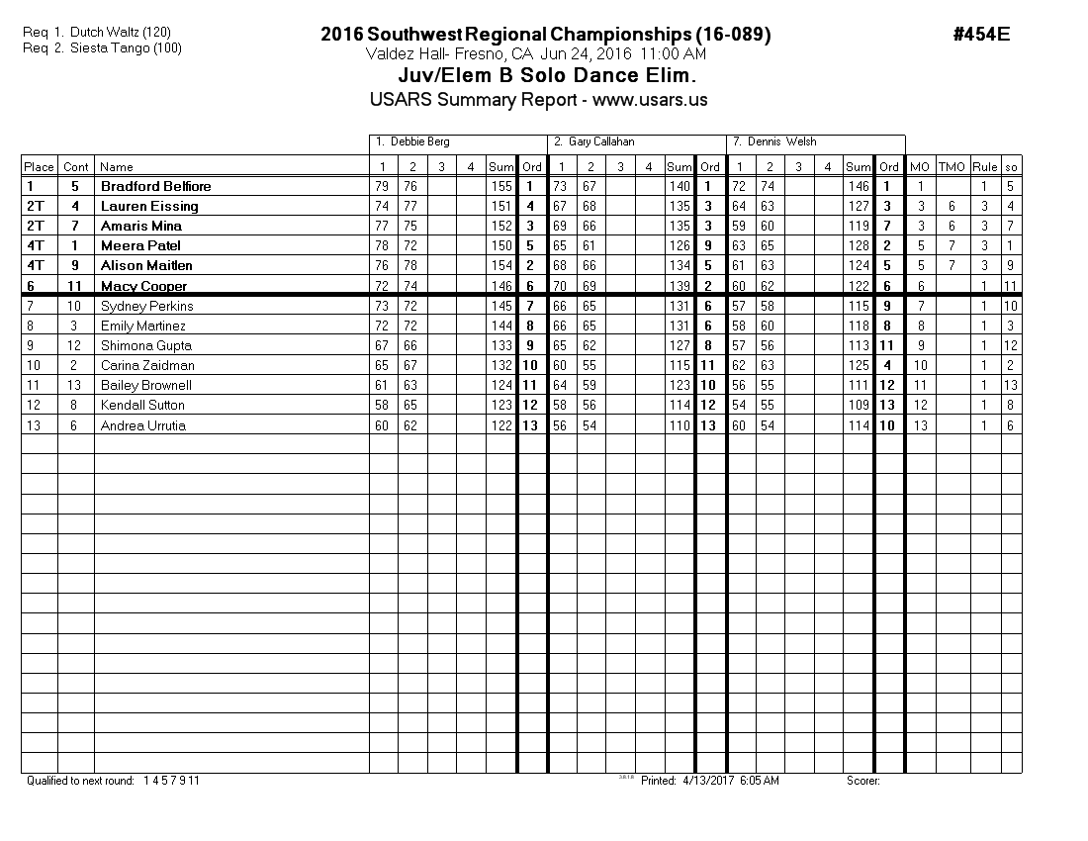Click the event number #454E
pos(981,34)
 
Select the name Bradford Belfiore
pos(155,186)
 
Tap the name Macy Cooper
pos(143,286)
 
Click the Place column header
pos(39,167)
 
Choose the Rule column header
pos(984,167)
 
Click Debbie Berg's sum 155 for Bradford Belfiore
pos(501,186)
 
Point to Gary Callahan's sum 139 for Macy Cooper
pos(680,286)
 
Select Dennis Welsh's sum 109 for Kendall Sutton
pos(859,405)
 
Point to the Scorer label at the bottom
pos(862,781)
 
